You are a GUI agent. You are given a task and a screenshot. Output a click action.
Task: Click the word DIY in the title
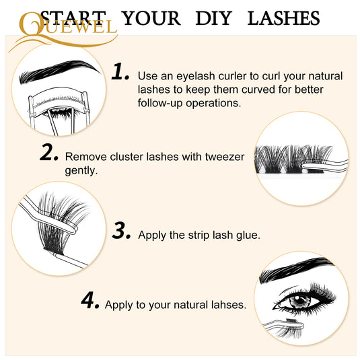[x=214, y=18]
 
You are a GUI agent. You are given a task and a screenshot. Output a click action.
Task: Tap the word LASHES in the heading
[x=284, y=18]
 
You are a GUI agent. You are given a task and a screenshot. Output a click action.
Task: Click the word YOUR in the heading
[x=151, y=18]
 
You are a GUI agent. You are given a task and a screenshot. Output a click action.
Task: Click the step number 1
[x=120, y=71]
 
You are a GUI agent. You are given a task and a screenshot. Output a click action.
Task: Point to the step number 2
[x=49, y=152]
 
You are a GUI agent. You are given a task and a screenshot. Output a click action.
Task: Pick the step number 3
[x=121, y=230]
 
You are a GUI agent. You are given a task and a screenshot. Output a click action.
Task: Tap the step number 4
[x=90, y=300]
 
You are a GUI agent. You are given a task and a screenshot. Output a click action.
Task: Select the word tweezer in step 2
[x=225, y=157]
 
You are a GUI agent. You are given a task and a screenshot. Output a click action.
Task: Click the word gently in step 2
[x=81, y=171]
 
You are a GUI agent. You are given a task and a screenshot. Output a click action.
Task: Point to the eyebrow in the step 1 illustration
[x=60, y=71]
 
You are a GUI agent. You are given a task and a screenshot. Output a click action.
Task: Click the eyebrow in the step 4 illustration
[x=296, y=269]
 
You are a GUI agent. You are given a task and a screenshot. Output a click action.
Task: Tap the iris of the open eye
[x=299, y=301]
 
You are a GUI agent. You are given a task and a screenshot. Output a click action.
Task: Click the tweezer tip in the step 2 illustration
[x=304, y=166]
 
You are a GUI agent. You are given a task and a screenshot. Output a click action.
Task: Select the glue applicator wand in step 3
[x=70, y=260]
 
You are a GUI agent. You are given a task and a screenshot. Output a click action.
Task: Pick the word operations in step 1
[x=213, y=104]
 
